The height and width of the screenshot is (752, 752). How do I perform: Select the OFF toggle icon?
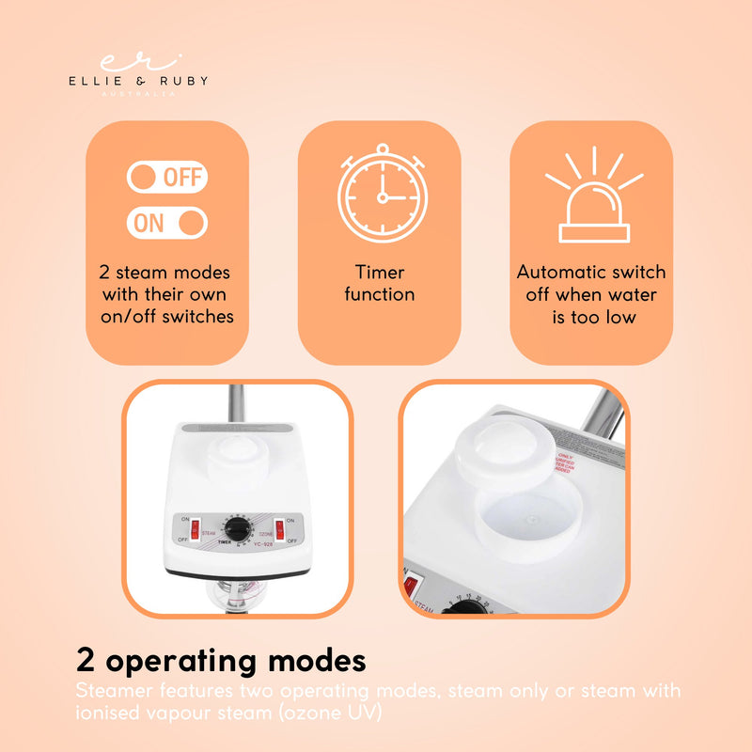tap(166, 177)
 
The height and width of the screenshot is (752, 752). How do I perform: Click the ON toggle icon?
tap(166, 223)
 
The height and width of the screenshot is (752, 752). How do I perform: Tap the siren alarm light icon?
tap(591, 196)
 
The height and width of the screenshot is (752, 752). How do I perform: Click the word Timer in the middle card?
tap(379, 273)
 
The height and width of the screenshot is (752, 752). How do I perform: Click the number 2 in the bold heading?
tap(86, 661)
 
